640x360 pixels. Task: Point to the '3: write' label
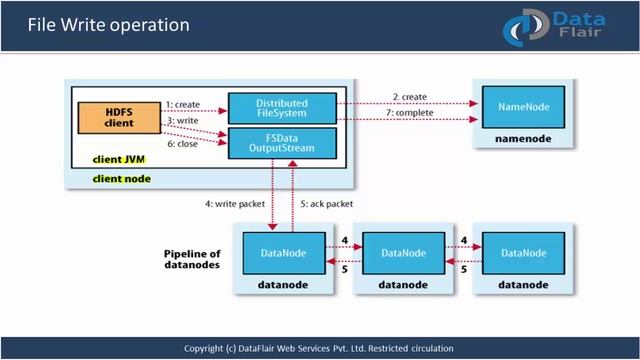(x=182, y=120)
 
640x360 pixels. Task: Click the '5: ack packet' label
(x=330, y=205)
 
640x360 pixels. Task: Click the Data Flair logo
(x=563, y=24)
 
